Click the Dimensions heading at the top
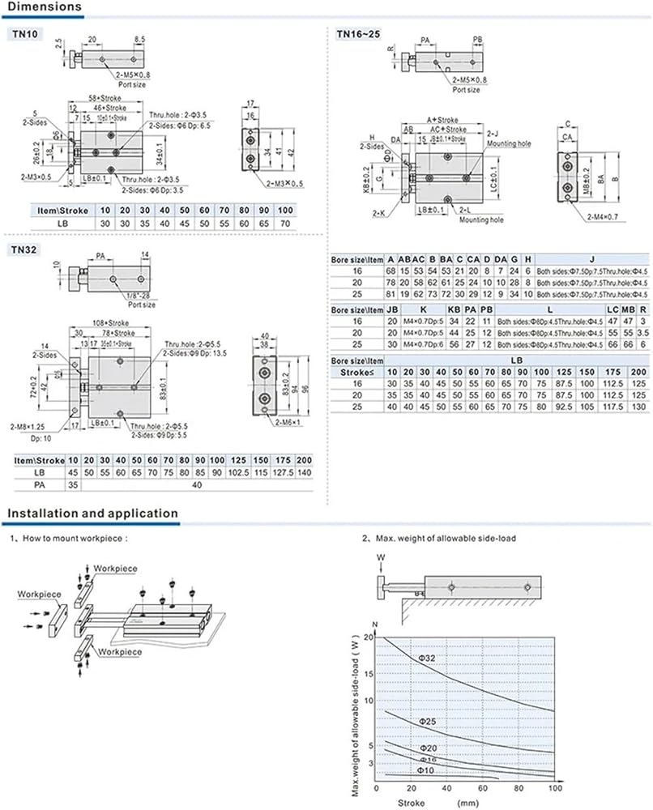coord(45,7)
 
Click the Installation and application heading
coord(92,513)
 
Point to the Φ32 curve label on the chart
coord(427,658)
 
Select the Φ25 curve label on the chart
coord(429,720)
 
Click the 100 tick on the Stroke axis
coord(555,788)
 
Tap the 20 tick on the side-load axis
coord(371,637)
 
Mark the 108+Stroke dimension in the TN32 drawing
coord(107,322)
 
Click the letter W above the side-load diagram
coord(381,557)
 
